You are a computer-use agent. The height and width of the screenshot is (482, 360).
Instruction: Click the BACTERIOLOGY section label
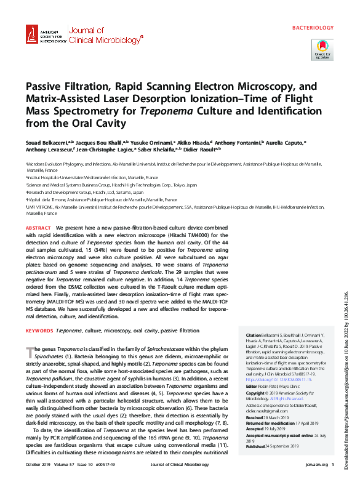point(312,28)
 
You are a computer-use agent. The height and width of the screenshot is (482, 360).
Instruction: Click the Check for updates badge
point(322,49)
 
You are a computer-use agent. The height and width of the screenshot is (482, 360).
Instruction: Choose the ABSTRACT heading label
point(38,228)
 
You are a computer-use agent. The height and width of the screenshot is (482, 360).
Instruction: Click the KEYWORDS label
point(39,331)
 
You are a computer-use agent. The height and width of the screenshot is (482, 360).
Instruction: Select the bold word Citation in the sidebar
point(255,334)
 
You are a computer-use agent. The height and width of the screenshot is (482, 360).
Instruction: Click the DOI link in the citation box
point(278,380)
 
